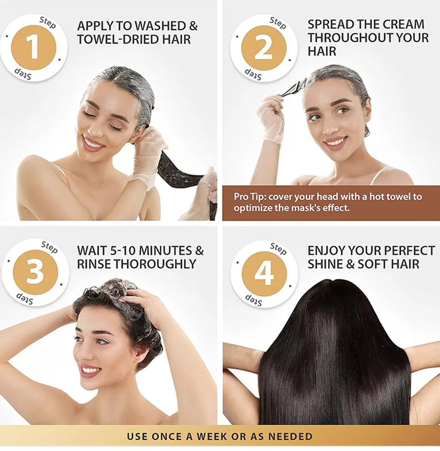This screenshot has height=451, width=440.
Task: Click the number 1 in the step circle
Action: coord(34,48)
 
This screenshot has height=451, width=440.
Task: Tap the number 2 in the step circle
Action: coord(264,48)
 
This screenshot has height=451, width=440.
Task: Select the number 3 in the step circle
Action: coord(35,273)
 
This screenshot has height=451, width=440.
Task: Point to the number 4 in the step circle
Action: coord(264,274)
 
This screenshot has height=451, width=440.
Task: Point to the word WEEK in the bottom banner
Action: coord(230,436)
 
